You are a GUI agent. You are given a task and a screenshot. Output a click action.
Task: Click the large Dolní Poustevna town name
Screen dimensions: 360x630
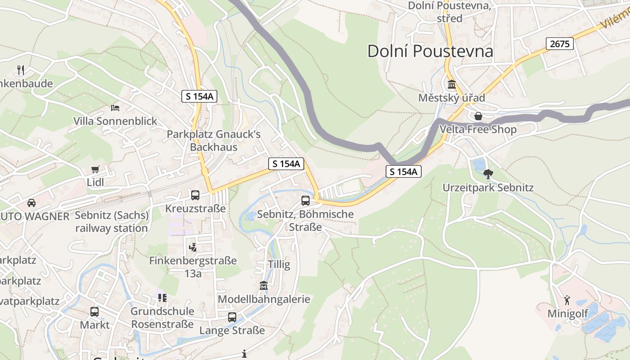430,51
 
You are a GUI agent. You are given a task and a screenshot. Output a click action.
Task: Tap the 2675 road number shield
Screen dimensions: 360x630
560,44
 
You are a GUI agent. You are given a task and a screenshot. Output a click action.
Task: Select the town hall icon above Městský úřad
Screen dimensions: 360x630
451,85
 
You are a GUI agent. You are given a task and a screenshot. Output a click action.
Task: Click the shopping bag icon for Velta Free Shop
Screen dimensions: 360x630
478,116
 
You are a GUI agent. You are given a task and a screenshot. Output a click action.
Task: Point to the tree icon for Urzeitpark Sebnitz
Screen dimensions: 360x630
488,174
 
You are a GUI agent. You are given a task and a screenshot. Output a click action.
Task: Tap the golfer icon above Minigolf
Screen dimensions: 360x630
567,300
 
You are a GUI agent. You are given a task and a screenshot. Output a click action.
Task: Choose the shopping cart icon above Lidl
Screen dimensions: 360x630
95,169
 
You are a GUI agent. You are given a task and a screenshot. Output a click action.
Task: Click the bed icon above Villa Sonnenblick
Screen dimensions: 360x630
115,108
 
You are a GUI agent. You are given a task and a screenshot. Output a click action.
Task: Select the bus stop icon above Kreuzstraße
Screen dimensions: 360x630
195,195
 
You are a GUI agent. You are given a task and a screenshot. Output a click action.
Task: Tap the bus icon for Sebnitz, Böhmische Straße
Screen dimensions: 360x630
306,201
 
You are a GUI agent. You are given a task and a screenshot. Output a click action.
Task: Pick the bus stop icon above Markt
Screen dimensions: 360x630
94,311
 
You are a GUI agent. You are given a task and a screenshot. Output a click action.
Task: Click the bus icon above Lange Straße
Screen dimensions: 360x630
232,317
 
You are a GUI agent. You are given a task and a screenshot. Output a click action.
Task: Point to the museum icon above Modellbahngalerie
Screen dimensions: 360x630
264,286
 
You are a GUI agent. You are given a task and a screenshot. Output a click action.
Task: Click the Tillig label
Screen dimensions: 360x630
279,264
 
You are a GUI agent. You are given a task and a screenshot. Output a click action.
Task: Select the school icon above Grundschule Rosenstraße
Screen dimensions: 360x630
162,298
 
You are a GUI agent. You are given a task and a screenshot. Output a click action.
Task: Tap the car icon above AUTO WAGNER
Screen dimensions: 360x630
31,202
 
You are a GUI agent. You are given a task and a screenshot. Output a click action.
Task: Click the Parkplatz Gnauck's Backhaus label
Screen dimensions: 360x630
213,140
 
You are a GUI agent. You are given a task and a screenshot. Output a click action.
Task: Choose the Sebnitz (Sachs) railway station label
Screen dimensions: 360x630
112,222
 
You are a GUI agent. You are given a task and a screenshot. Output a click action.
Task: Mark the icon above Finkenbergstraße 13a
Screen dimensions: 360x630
193,247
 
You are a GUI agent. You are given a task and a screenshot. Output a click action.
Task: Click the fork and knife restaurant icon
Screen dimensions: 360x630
20,70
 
